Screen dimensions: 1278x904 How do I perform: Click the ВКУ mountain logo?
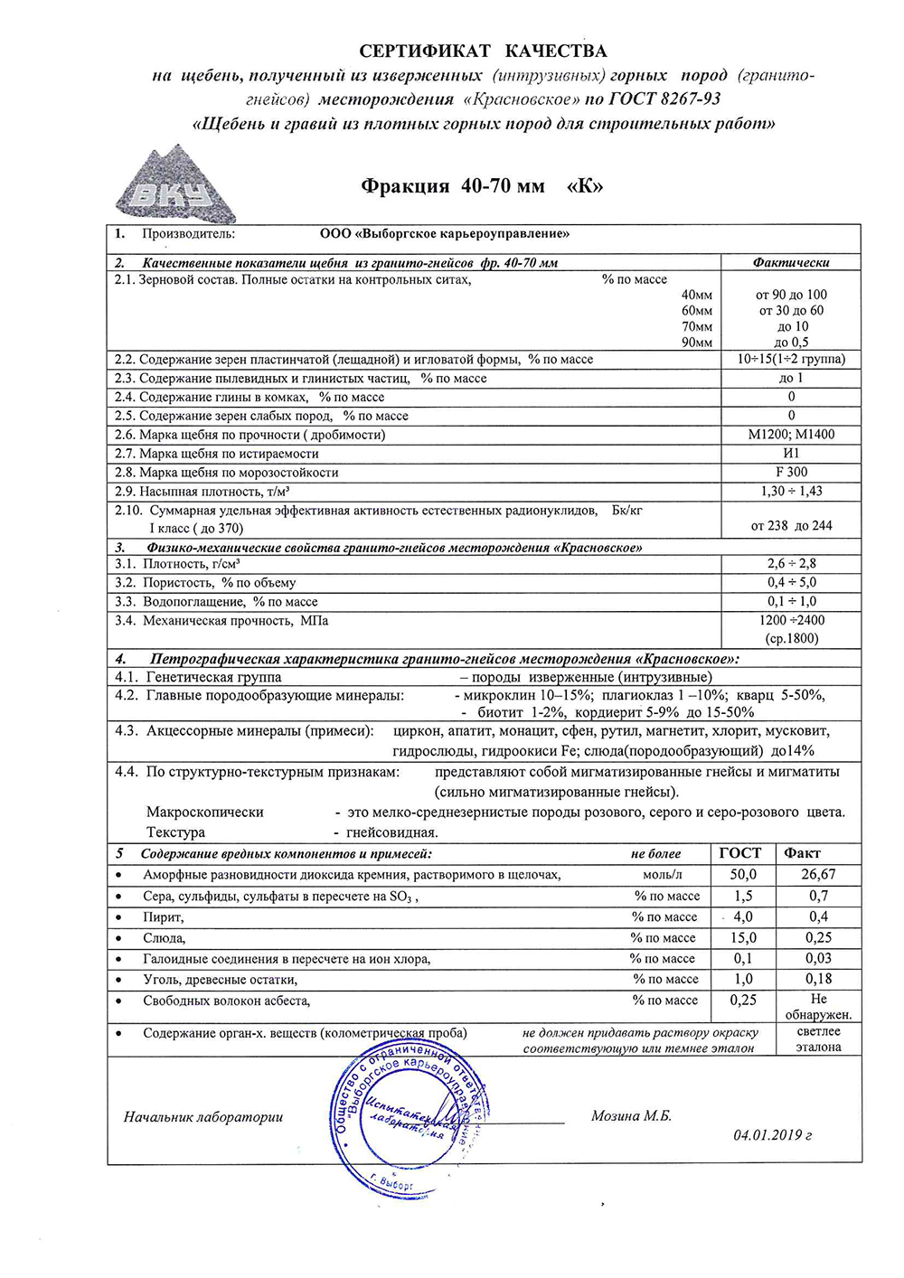tap(174, 187)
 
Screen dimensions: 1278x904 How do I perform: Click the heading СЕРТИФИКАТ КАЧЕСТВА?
tap(483, 51)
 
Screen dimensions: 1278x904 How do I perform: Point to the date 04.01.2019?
tap(772, 1135)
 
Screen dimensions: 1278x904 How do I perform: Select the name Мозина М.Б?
tap(631, 1116)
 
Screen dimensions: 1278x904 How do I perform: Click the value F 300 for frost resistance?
tap(791, 472)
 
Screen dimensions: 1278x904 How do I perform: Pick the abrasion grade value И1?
tap(791, 453)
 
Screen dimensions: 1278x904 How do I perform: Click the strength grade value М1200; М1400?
tap(791, 434)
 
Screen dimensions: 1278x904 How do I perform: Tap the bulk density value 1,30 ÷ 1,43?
tap(791, 491)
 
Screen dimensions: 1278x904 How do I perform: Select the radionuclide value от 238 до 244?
tap(791, 525)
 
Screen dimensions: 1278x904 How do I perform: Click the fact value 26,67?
tap(818, 874)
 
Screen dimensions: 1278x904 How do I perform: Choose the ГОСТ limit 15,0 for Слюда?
tap(743, 938)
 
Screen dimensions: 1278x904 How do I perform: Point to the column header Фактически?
tap(791, 262)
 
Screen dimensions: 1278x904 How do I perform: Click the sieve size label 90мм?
tap(697, 343)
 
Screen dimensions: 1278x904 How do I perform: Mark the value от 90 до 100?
tap(791, 295)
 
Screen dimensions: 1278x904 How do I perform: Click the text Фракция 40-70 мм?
tap(453, 186)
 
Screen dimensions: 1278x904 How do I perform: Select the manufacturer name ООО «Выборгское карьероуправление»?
tap(445, 233)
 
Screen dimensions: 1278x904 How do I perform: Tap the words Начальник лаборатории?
tap(203, 1117)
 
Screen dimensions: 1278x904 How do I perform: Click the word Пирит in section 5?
tap(163, 917)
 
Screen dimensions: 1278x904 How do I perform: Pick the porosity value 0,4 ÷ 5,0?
tap(791, 582)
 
